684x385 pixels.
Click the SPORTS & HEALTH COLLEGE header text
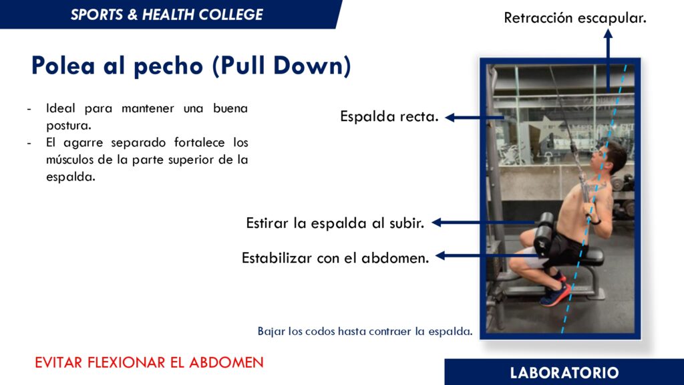[x=166, y=15]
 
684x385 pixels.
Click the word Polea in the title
[x=62, y=66]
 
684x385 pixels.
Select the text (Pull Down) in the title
[x=282, y=66]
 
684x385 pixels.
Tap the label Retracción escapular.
[x=575, y=18]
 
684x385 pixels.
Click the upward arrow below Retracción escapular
[x=608, y=61]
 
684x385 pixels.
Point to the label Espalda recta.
[x=389, y=116]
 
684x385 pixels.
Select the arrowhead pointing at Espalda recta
[x=450, y=118]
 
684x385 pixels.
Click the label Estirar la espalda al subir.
[x=335, y=223]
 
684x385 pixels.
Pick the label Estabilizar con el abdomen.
[x=335, y=258]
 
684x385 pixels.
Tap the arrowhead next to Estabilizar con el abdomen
[x=441, y=256]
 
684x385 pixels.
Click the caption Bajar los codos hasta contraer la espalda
[x=365, y=332]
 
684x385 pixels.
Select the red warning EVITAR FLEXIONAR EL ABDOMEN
[x=149, y=362]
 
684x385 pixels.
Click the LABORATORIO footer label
[x=564, y=373]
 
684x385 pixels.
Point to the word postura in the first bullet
[x=69, y=126]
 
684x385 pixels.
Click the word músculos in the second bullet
[x=69, y=160]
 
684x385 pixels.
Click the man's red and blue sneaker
[x=555, y=294]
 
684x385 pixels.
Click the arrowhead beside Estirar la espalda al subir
[x=437, y=223]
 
